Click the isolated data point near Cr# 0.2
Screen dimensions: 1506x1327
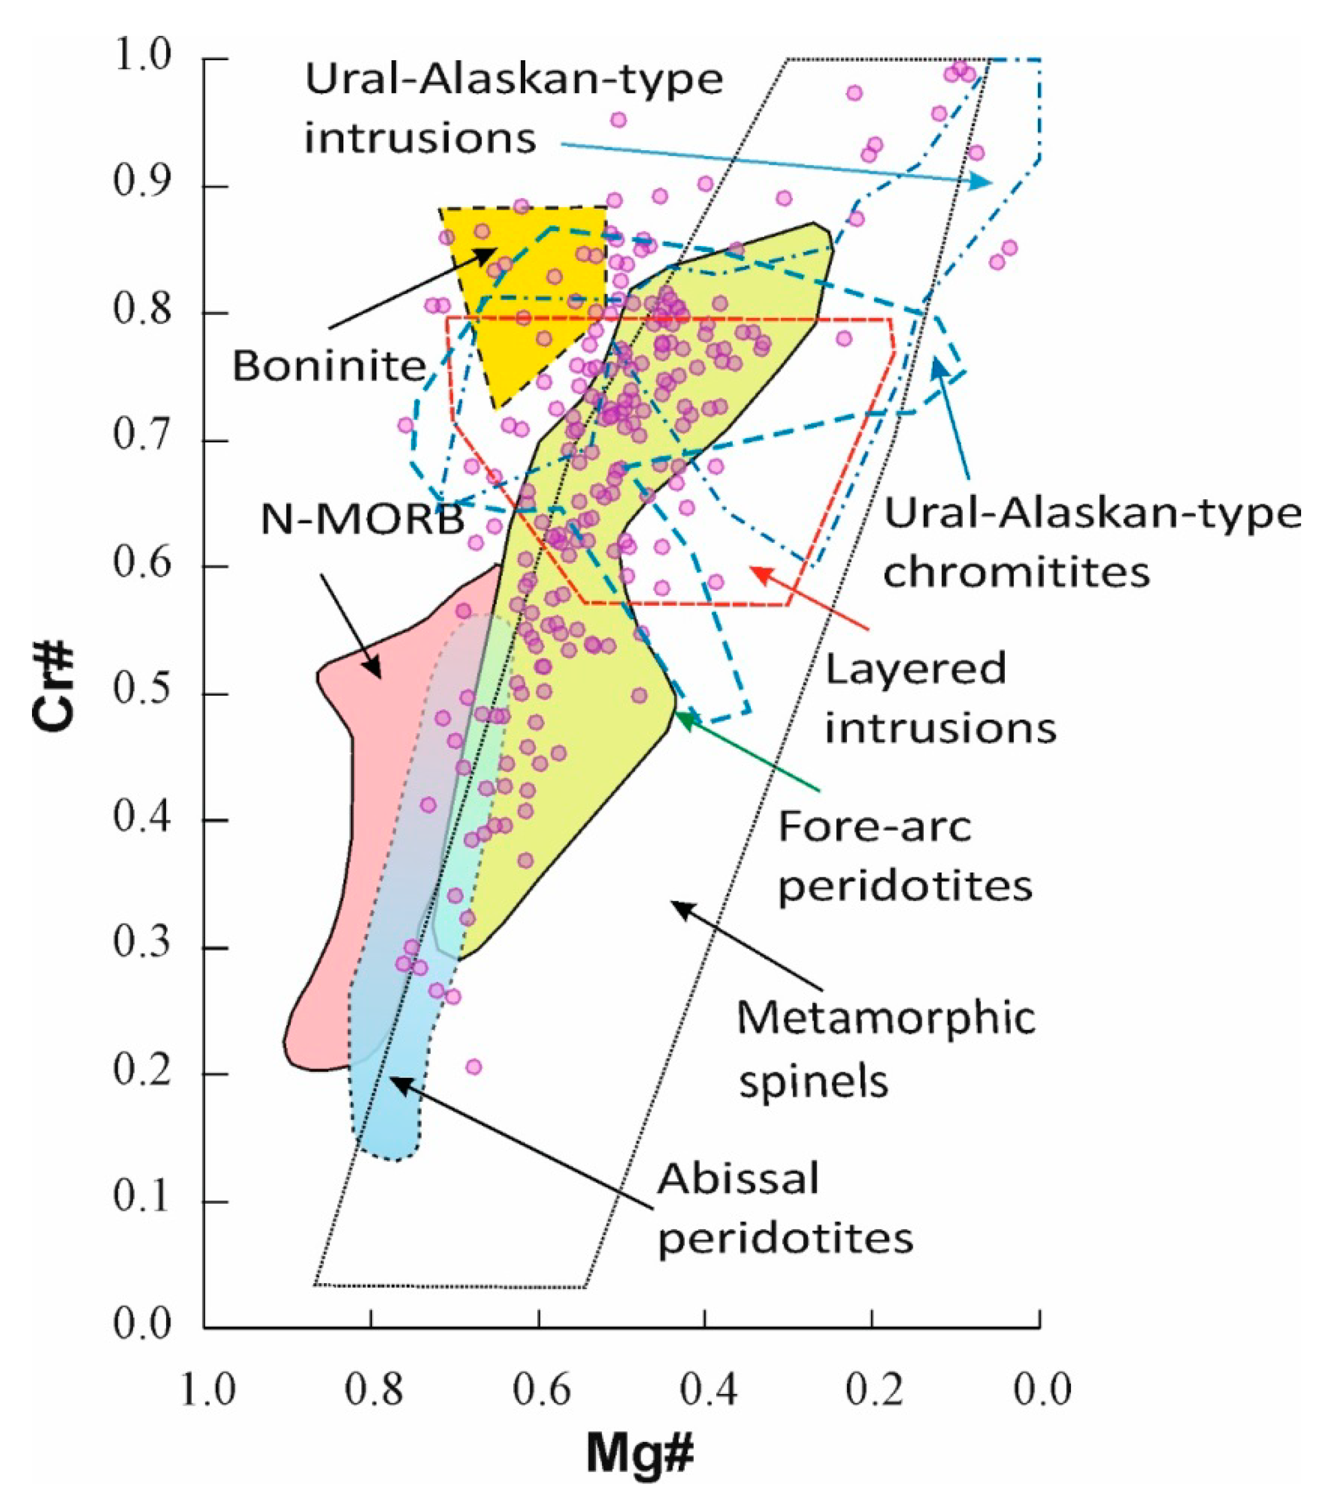(474, 1067)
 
